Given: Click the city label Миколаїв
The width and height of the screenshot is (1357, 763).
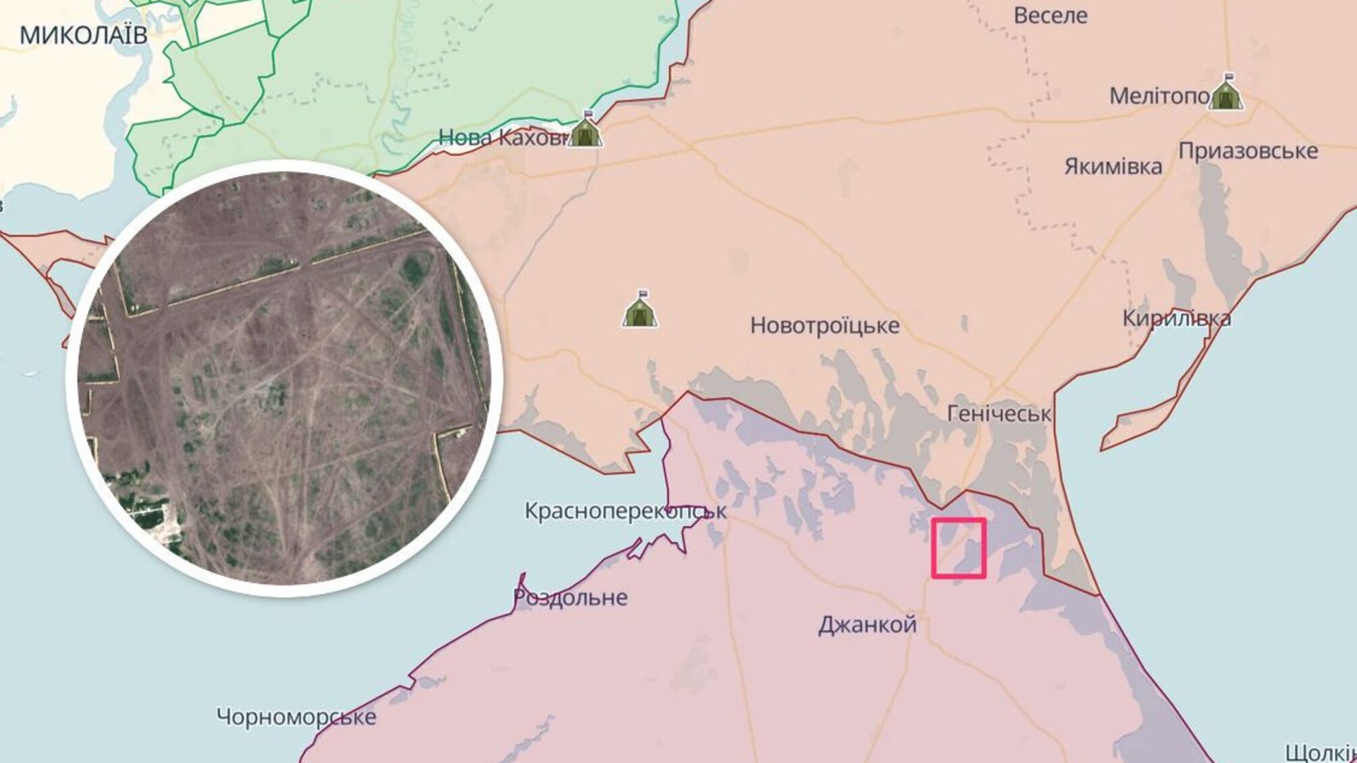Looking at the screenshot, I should [x=83, y=35].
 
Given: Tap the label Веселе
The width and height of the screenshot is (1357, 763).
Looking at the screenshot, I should [x=1050, y=15].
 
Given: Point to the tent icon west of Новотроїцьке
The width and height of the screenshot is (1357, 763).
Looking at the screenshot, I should [x=640, y=310].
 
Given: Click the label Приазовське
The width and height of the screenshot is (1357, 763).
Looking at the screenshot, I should [x=1248, y=151].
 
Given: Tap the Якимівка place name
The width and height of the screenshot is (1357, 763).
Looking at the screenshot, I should [x=1113, y=166].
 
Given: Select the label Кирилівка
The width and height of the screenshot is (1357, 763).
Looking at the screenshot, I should [x=1176, y=318].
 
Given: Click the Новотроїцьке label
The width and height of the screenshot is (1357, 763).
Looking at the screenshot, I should [x=824, y=325].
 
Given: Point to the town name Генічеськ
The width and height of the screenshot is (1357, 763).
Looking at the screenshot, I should [x=999, y=413].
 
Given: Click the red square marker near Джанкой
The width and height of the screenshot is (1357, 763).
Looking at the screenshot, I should [x=959, y=548].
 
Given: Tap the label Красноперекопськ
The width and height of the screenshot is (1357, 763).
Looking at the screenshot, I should [x=625, y=511].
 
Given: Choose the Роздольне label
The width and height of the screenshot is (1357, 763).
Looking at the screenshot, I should [x=570, y=598].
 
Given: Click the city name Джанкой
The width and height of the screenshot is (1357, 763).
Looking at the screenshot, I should [x=867, y=625].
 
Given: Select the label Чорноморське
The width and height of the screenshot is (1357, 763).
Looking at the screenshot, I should [x=296, y=716].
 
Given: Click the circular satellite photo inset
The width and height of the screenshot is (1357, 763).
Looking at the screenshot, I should [x=284, y=378].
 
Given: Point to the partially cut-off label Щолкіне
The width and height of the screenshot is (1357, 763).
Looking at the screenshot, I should [x=1320, y=752].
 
